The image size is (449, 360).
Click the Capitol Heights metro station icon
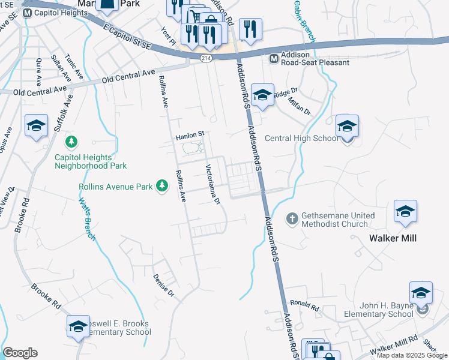pos(28,13)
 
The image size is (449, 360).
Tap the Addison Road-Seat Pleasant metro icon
pos(274,58)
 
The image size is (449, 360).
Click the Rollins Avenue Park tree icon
pos(161,187)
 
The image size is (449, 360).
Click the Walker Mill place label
pos(393,238)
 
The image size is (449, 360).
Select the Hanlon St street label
pos(190,137)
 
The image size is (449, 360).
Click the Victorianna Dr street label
pos(213,183)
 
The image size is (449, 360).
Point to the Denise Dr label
pos(163,286)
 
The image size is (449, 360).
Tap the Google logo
pos(20,353)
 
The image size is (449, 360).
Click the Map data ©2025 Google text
pos(411,355)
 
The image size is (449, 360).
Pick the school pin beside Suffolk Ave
pos(36,126)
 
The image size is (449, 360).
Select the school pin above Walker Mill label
pos(405,211)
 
